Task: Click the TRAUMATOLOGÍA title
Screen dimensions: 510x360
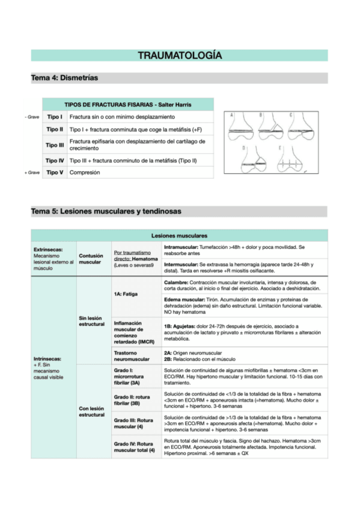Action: point(180,56)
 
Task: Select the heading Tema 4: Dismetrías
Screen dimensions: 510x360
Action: point(64,78)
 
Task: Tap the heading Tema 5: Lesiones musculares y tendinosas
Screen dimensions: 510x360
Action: point(106,212)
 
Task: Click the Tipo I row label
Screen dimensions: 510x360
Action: point(55,116)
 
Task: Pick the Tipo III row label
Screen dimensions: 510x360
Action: point(55,144)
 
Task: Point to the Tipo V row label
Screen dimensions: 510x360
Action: point(55,173)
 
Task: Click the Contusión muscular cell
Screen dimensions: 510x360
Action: point(90,259)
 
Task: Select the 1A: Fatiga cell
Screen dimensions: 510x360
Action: point(126,293)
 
